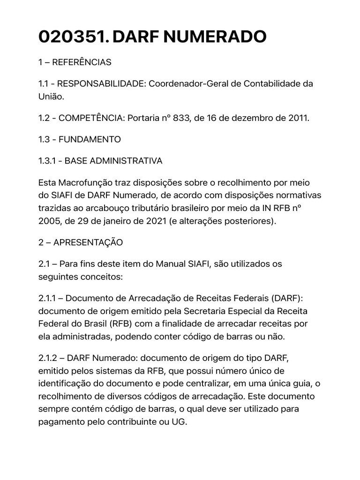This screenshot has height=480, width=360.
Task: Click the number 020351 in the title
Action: coord(73,37)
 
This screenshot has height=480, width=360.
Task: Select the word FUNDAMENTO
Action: coord(92,139)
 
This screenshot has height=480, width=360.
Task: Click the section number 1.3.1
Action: coord(48,161)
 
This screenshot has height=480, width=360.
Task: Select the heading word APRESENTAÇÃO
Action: coord(88,242)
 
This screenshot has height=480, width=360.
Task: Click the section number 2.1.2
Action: coord(48,358)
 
